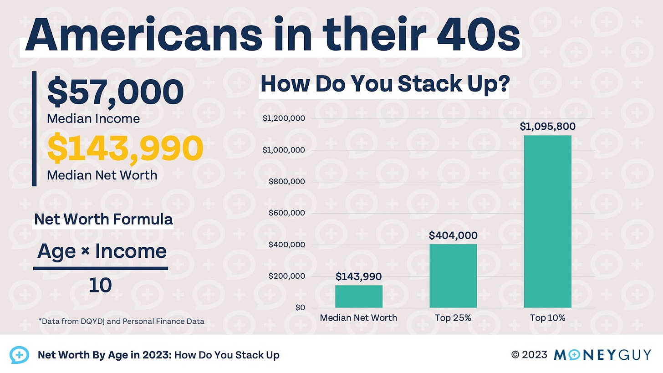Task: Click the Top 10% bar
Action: [547, 221]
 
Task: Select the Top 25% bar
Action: [453, 276]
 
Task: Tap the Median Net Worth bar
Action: [359, 296]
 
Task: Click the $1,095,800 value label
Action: [547, 127]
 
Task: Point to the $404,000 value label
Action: [453, 235]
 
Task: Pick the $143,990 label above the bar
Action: [359, 276]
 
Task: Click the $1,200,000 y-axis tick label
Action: [284, 119]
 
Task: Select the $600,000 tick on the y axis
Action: [286, 213]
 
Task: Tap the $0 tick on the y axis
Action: [299, 308]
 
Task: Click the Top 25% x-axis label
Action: [453, 318]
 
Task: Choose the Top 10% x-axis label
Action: [547, 318]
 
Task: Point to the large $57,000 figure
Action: [116, 92]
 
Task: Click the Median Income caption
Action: [93, 118]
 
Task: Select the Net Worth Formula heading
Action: [103, 220]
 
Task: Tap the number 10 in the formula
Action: [100, 286]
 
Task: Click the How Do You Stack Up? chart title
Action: [384, 85]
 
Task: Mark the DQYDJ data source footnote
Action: [121, 321]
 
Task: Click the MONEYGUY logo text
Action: [602, 355]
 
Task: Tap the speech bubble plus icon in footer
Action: [19, 355]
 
